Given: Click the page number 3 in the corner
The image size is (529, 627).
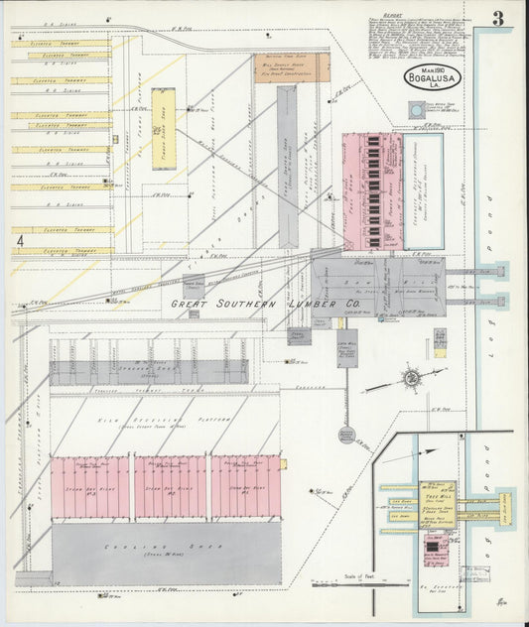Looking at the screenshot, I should tap(497, 18).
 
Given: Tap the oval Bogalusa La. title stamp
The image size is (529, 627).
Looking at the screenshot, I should tap(430, 78).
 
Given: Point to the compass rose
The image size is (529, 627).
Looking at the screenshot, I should tap(411, 378).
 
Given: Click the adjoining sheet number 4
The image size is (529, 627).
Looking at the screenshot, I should tap(20, 240).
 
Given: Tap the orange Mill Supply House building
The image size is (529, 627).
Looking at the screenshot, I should tap(292, 67).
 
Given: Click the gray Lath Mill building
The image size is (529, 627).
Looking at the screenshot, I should tap(346, 348).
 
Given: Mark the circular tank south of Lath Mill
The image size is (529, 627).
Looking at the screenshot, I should tap(346, 434).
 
